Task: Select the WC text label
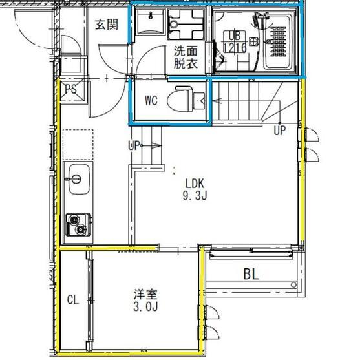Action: point(151,100)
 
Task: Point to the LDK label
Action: point(194,182)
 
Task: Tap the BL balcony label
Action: point(251,274)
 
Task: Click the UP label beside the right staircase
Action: point(279,130)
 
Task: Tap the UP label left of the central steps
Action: point(134,144)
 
